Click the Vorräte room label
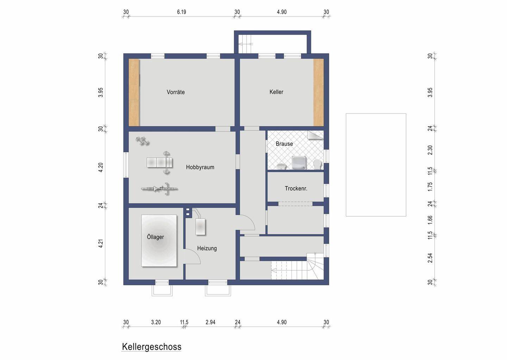click(x=176, y=92)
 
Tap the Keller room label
click(x=276, y=92)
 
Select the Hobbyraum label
click(x=200, y=167)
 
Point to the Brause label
click(x=284, y=144)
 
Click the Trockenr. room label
click(x=296, y=188)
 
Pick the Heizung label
click(x=207, y=248)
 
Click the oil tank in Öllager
click(x=159, y=241)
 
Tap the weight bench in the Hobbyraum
click(x=160, y=163)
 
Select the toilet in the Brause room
click(x=318, y=164)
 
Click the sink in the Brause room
click(x=281, y=166)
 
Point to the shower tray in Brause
click(x=299, y=163)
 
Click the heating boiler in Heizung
click(x=201, y=226)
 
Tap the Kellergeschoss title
click(x=152, y=347)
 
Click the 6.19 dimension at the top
click(x=182, y=12)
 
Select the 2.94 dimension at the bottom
click(x=211, y=322)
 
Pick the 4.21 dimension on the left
click(x=101, y=243)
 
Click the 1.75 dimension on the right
click(x=430, y=187)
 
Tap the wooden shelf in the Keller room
click(x=318, y=92)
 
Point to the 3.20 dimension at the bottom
click(x=156, y=322)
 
